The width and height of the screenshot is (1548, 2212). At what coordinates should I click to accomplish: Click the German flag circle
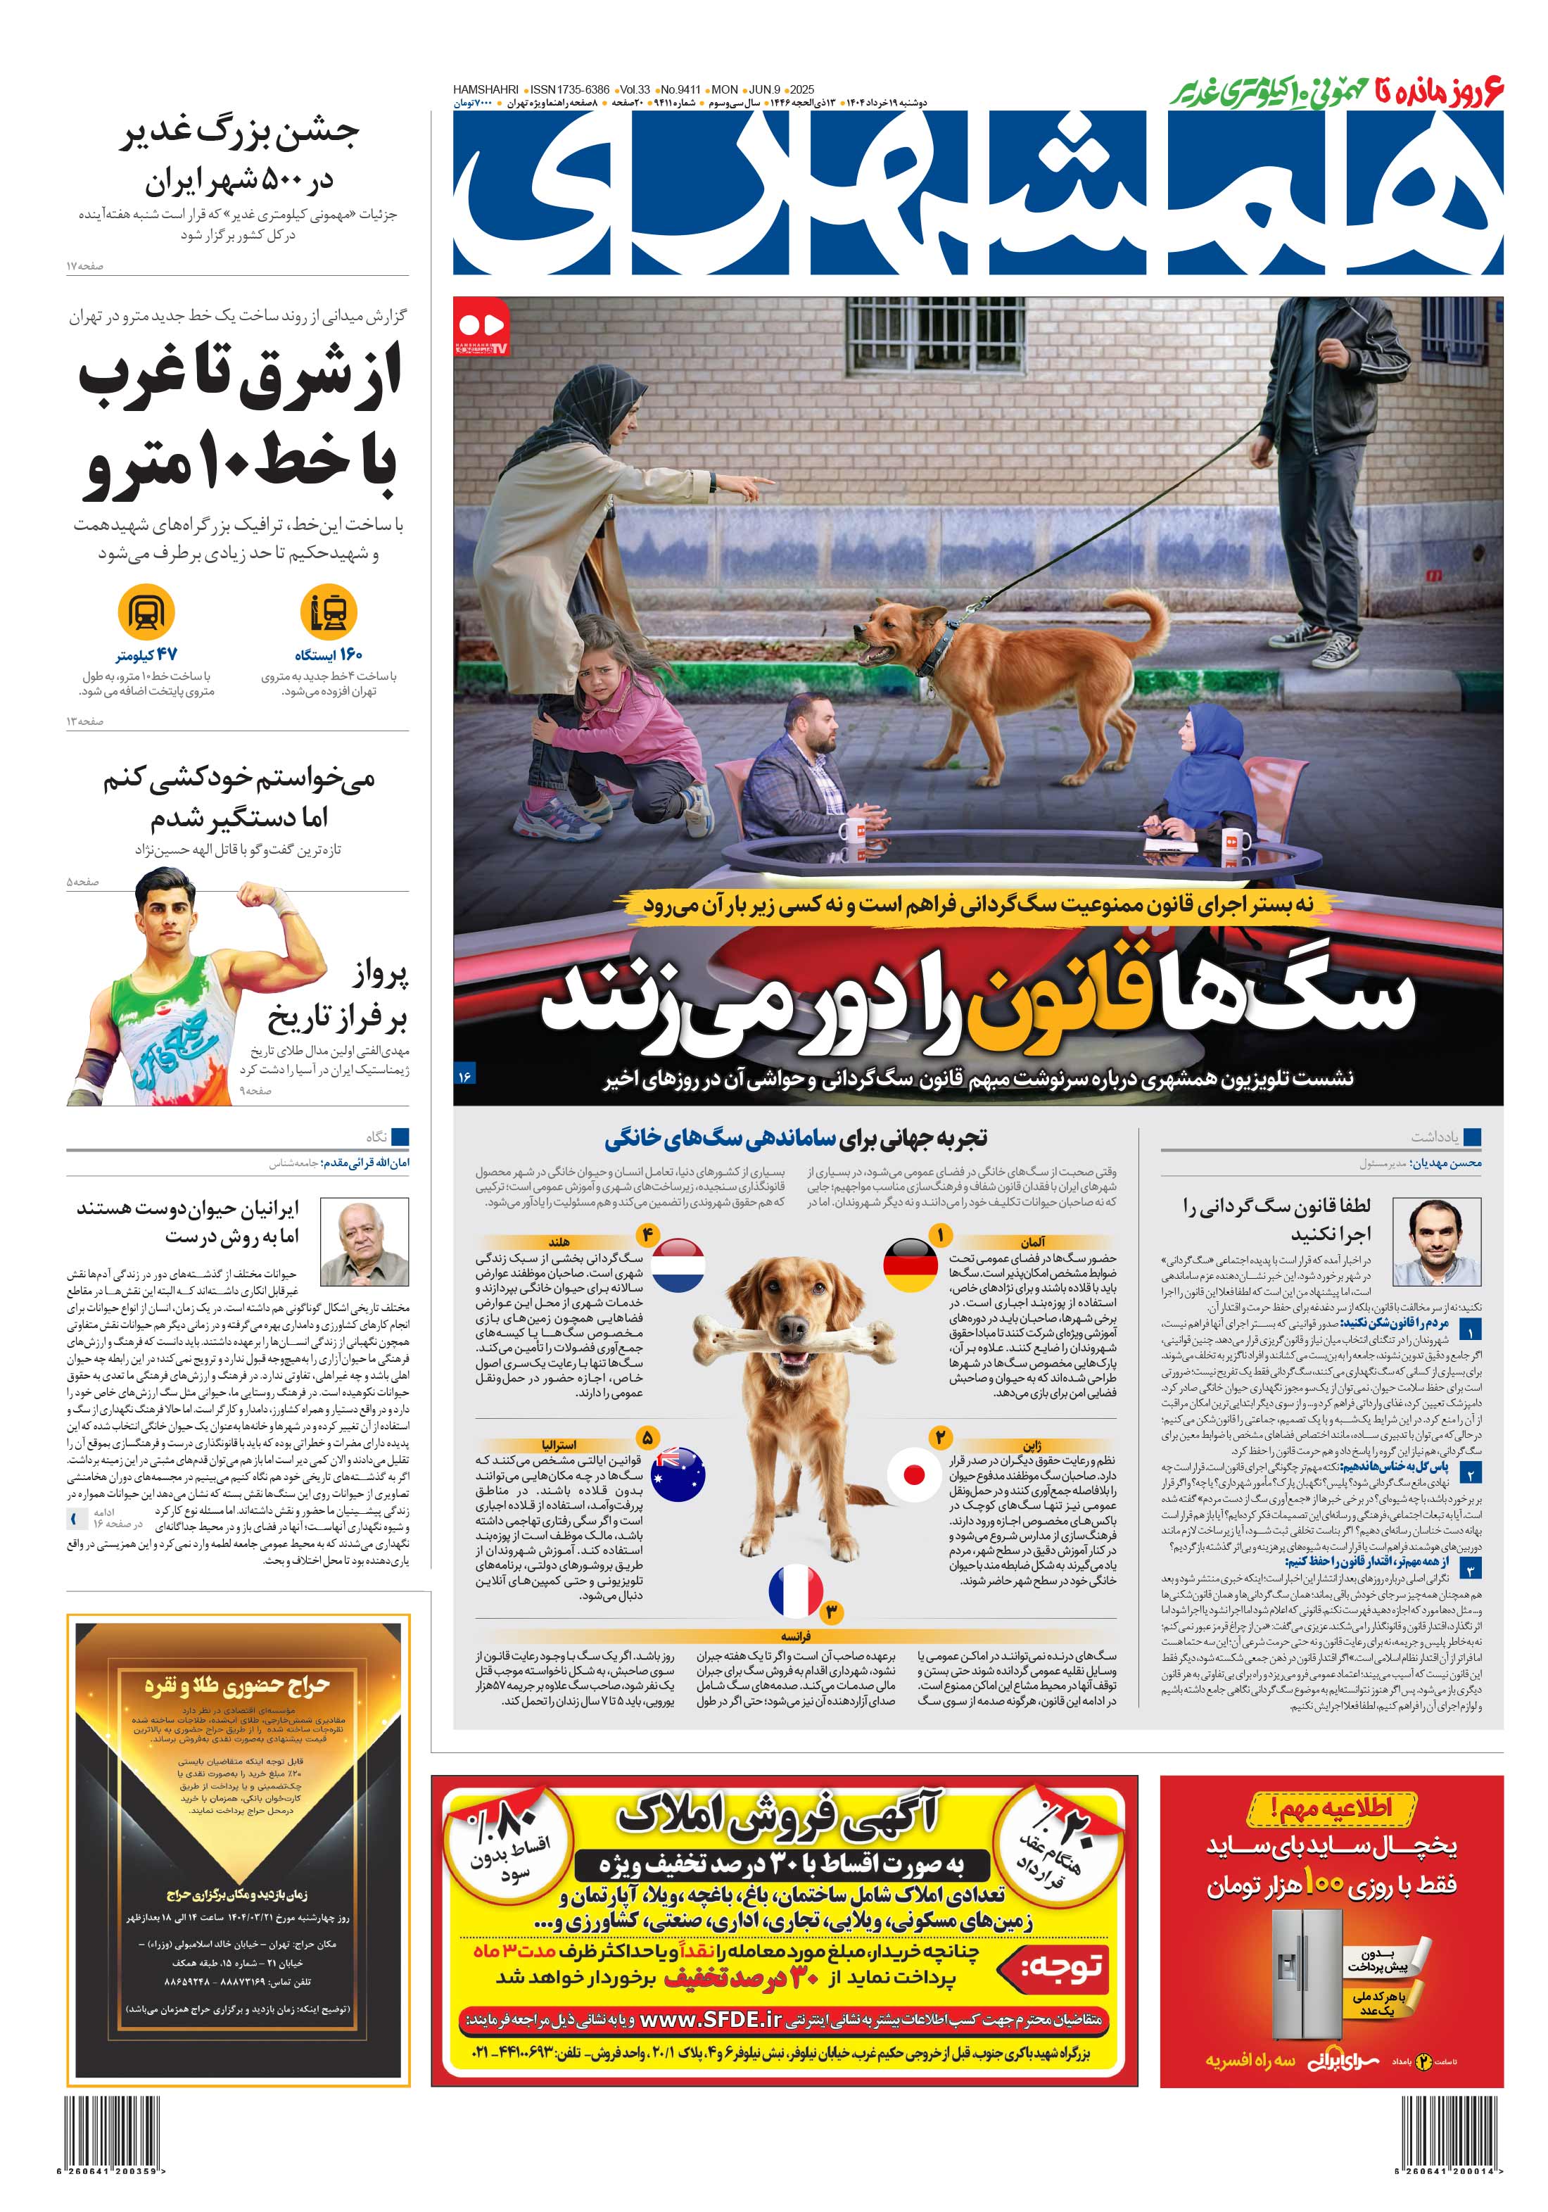click(x=909, y=1265)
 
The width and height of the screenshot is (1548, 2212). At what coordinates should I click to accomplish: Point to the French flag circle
click(x=796, y=1591)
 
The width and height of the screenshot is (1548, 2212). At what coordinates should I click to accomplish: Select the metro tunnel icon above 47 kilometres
click(x=146, y=612)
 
